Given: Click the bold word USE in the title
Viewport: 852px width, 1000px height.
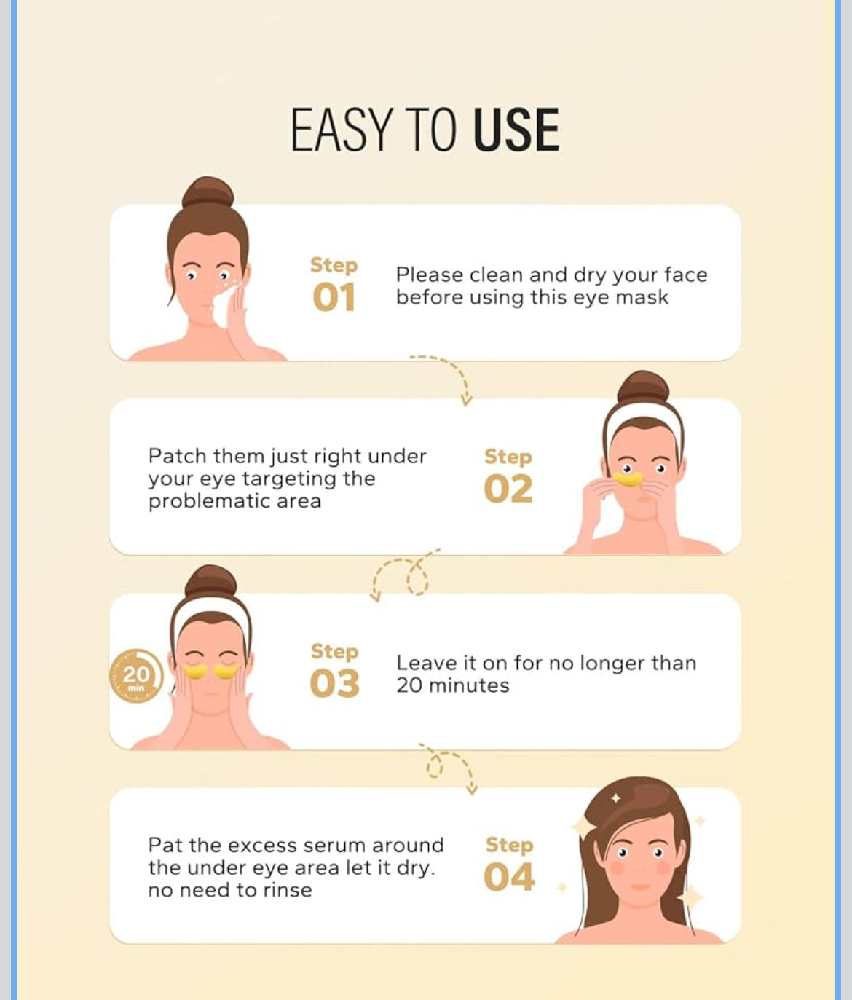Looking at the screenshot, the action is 516,129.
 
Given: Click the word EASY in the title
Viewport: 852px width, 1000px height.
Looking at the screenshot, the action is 340,129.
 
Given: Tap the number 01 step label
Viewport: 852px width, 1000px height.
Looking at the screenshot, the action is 334,297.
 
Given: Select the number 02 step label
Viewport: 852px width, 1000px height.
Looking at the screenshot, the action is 508,489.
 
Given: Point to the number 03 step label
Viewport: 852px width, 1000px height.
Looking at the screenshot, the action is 334,683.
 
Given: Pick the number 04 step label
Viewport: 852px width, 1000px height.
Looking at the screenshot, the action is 509,877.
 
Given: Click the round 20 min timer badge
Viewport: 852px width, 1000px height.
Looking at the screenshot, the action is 136,675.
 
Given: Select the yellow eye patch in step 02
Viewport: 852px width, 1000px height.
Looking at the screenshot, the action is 628,479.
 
